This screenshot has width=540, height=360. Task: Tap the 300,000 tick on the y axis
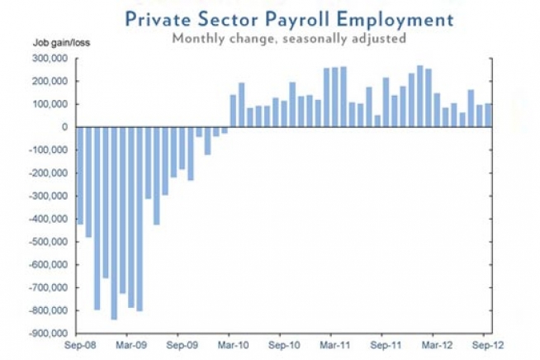(48, 59)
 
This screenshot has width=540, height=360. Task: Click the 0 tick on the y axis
(64, 127)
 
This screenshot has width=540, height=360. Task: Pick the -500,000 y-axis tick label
(46, 242)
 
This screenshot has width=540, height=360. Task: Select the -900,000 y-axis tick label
(46, 334)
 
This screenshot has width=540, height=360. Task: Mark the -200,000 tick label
(46, 173)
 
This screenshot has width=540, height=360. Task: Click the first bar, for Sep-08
(80, 175)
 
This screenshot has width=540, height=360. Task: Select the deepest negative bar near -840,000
(114, 223)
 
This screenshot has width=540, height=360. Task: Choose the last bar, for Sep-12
(488, 116)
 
